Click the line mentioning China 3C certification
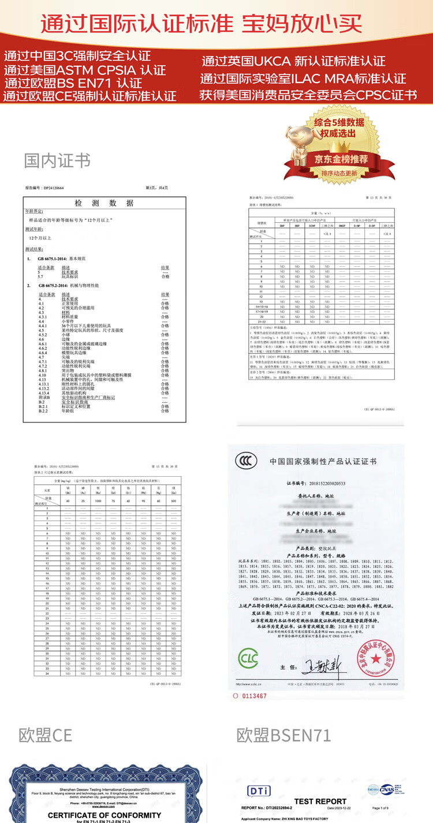77,57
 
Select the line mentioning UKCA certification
294,61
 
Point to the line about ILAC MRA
303,78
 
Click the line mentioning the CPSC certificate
308,95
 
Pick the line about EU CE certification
89,95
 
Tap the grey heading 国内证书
57,160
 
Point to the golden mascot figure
295,145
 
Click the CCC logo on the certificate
247,461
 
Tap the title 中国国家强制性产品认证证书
323,461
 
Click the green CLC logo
249,657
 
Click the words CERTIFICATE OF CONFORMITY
104,815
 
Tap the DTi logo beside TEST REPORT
259,790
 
